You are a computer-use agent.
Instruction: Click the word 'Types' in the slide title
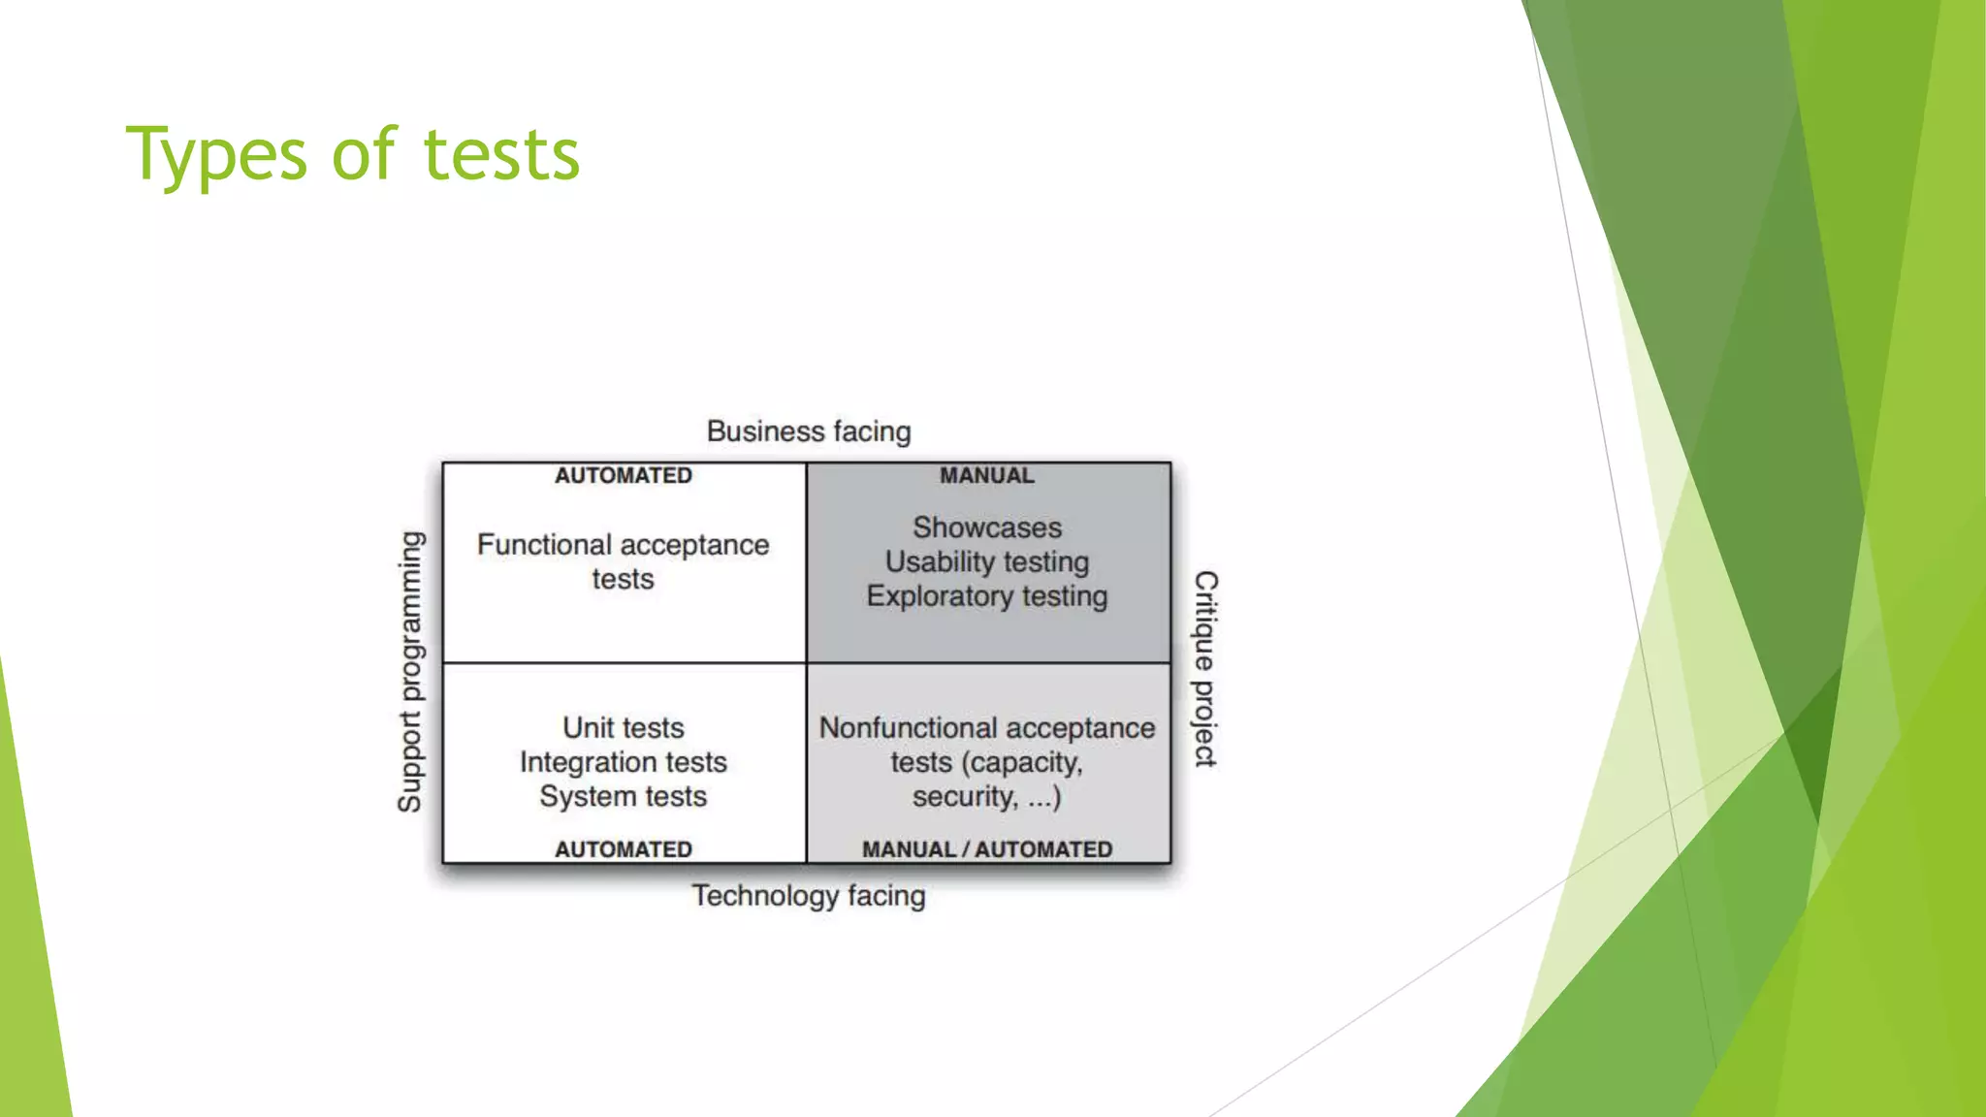point(216,155)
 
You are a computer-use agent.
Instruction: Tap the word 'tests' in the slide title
point(501,155)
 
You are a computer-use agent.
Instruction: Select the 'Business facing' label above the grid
point(809,431)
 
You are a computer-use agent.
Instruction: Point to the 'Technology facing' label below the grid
point(809,895)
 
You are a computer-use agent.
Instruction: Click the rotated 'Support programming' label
point(410,671)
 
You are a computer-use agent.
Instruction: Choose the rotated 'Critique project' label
point(1205,669)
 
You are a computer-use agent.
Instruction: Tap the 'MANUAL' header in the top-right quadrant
point(987,476)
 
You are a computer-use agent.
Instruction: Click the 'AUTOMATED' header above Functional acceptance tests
point(624,476)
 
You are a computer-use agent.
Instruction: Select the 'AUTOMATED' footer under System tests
point(624,849)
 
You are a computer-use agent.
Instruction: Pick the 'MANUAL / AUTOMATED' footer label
point(987,849)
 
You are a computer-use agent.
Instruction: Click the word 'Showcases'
point(987,527)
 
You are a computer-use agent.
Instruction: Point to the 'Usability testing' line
point(987,561)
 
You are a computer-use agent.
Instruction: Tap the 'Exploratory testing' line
point(987,595)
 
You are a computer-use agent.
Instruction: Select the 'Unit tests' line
point(624,728)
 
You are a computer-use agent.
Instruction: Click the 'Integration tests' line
point(624,762)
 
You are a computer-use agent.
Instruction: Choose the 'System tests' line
point(624,796)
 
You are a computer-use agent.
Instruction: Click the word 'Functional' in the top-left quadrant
point(544,545)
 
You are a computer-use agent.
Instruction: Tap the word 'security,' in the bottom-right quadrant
point(965,796)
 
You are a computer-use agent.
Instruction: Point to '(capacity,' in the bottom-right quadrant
point(1022,763)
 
